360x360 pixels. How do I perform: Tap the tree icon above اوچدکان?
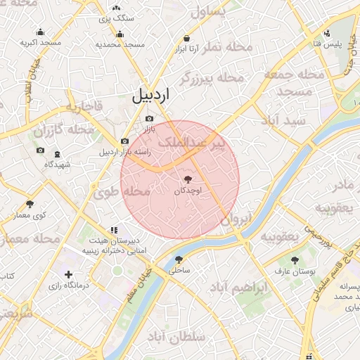click(x=186, y=179)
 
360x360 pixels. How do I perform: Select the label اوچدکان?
click(x=186, y=191)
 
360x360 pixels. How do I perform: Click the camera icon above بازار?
click(x=149, y=120)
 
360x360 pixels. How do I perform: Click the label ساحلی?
click(x=180, y=269)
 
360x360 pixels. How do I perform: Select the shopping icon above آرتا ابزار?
click(x=186, y=39)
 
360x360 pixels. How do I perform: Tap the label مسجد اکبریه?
click(x=39, y=43)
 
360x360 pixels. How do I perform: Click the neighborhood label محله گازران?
click(x=63, y=130)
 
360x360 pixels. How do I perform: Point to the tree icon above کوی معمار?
click(x=30, y=204)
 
